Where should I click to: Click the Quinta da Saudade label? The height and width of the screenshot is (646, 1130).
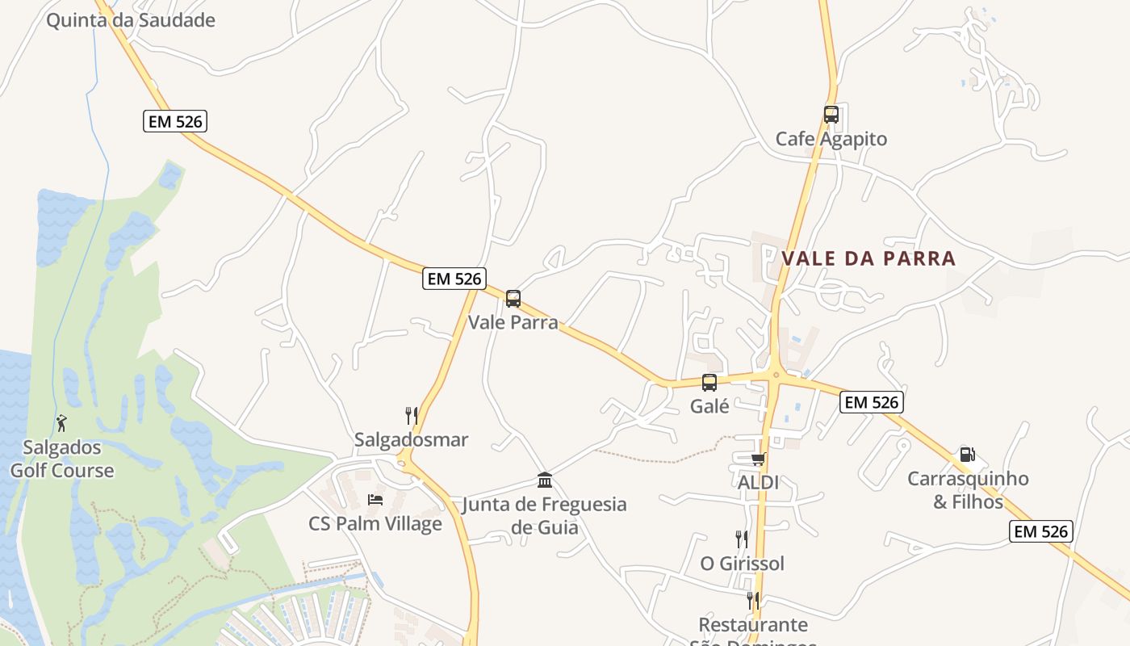(x=130, y=20)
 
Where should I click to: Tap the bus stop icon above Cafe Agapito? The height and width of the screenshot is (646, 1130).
(x=831, y=115)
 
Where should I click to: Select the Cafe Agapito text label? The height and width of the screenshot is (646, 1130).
(x=831, y=139)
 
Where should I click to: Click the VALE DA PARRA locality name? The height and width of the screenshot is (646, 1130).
(x=868, y=258)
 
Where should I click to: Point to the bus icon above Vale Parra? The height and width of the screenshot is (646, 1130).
(x=513, y=299)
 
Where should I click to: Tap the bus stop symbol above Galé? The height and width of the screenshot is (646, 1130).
(x=709, y=383)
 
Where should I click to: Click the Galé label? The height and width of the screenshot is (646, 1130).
(x=709, y=406)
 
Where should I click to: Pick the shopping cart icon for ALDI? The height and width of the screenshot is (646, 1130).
(x=758, y=459)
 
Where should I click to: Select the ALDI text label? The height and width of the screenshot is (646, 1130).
(x=758, y=482)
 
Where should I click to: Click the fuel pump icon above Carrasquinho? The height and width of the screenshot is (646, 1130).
(x=967, y=455)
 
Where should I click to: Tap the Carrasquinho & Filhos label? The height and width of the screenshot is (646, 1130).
(x=968, y=490)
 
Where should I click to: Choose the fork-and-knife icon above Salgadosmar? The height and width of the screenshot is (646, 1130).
(x=412, y=416)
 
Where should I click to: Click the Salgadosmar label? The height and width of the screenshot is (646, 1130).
(x=411, y=440)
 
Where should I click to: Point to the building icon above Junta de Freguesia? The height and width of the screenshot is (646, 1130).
(x=545, y=480)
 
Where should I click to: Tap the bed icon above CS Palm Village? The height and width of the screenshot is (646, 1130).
(x=375, y=500)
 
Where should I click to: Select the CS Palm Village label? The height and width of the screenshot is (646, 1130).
(x=375, y=523)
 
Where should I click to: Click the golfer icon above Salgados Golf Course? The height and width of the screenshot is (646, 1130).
(x=61, y=422)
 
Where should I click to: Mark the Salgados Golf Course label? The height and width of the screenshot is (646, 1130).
(x=61, y=459)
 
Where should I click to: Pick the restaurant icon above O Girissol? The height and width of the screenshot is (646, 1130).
(x=741, y=539)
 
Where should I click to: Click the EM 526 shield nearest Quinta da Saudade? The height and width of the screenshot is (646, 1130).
(x=176, y=122)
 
